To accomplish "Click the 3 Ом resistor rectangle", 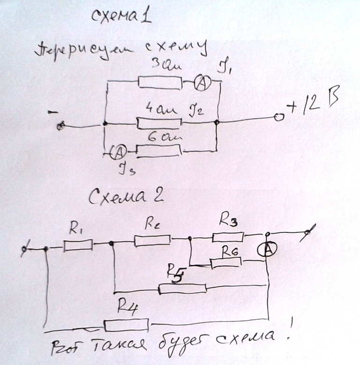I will (x=160, y=83).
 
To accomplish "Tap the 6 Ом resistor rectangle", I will (x=159, y=150).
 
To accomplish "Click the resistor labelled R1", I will (x=78, y=245).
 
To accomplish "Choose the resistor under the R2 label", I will (x=152, y=240).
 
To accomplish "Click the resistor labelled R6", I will (x=226, y=263).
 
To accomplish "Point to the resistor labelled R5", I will (x=182, y=288).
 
